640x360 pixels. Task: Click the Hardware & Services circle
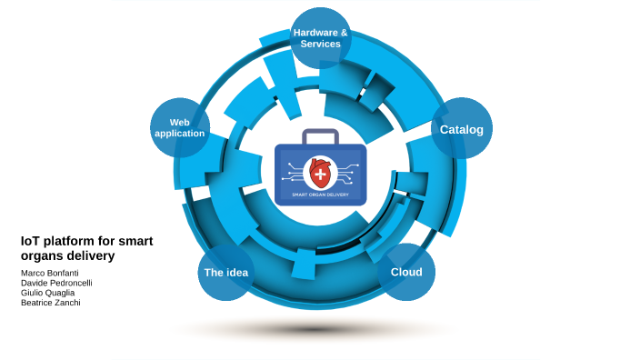tap(320, 38)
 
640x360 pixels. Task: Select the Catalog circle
tap(461, 128)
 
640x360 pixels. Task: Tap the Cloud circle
tap(406, 272)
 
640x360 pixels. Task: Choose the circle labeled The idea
tap(225, 273)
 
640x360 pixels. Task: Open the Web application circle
tap(180, 127)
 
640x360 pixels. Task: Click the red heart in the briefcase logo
tap(320, 172)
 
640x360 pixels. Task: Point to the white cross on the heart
tap(320, 170)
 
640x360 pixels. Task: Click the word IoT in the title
tap(30, 241)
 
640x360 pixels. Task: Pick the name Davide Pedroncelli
tap(56, 283)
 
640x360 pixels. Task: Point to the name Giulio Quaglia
tap(47, 293)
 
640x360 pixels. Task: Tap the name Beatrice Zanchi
tap(50, 303)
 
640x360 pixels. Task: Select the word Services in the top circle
tap(320, 44)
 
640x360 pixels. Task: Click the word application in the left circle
tap(180, 134)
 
